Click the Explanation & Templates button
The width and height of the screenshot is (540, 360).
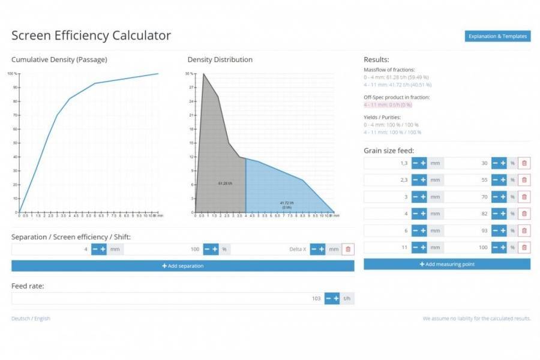click(x=497, y=37)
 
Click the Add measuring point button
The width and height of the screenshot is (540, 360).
click(x=447, y=264)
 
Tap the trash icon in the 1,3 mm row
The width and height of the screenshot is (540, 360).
click(x=524, y=163)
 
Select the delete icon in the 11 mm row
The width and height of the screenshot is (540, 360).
click(x=524, y=247)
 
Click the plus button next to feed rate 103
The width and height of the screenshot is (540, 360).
click(x=336, y=298)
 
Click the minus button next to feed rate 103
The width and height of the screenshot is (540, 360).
click(x=328, y=298)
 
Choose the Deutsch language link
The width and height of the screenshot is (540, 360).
click(x=20, y=318)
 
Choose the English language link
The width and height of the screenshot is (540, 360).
click(x=42, y=318)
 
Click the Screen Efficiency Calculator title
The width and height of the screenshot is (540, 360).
click(x=91, y=35)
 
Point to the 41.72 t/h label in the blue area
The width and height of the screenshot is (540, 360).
click(x=286, y=203)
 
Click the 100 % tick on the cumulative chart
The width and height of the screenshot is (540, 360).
click(x=13, y=74)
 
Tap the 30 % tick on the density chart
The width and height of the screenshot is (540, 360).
click(x=189, y=74)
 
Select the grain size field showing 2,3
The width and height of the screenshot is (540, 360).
click(x=387, y=180)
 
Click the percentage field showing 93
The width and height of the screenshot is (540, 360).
click(x=468, y=230)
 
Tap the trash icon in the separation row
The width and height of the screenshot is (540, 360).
click(x=348, y=249)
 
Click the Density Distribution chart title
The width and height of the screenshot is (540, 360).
click(x=220, y=59)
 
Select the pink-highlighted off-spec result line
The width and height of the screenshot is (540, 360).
click(x=388, y=104)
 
